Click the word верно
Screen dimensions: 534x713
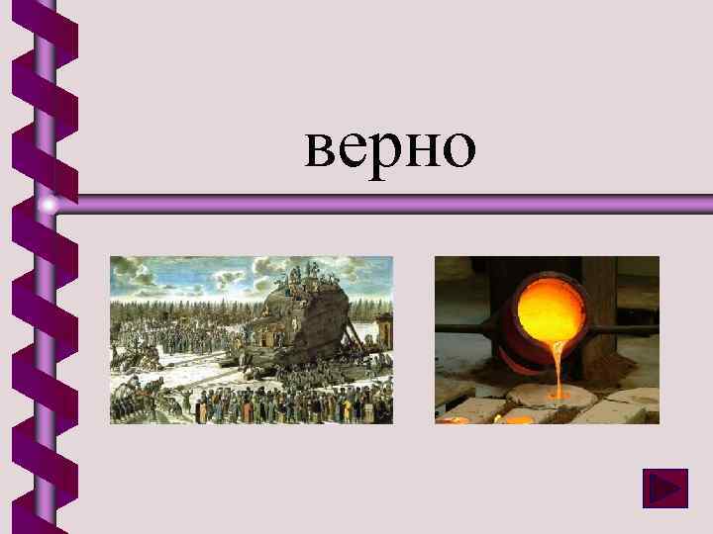390,147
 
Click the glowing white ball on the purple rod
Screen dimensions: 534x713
49,205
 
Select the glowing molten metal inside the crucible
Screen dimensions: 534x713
552,308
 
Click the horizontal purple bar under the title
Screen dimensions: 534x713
396,204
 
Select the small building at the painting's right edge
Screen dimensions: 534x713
384,331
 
